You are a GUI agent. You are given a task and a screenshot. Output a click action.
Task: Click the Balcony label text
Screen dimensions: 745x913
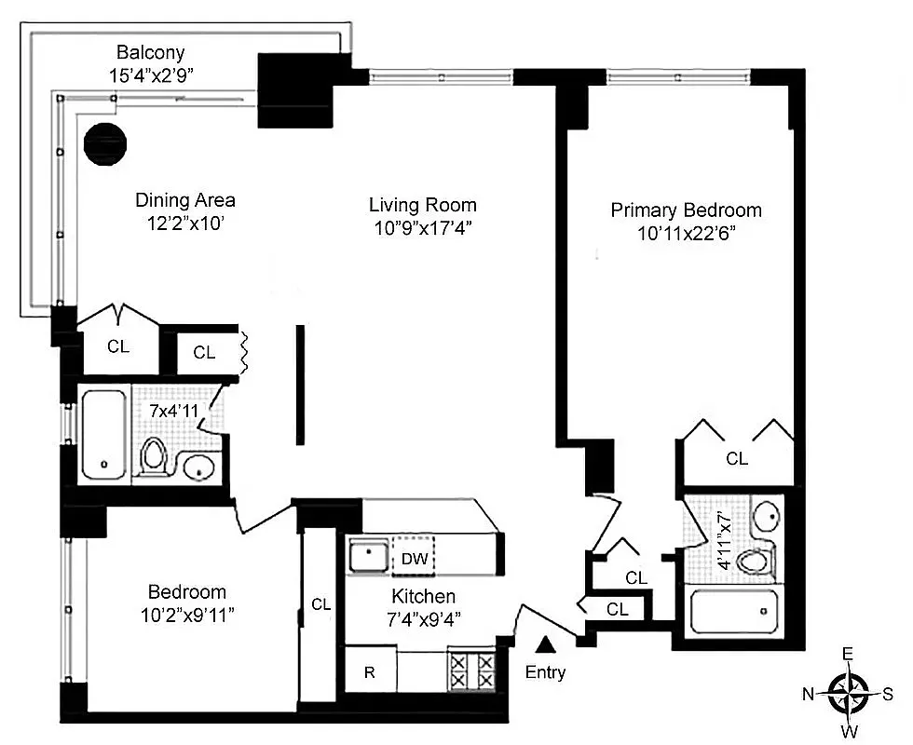click(x=150, y=52)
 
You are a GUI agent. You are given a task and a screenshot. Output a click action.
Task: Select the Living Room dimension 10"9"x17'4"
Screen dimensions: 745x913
click(x=422, y=230)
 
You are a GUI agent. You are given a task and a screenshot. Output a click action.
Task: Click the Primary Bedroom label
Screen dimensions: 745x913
click(x=686, y=210)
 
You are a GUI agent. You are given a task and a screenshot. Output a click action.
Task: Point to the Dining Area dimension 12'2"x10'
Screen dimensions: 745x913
click(x=184, y=224)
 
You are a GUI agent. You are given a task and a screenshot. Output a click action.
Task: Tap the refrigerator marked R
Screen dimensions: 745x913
click(x=369, y=672)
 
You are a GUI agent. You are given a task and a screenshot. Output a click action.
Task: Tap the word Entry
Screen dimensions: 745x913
click(x=545, y=672)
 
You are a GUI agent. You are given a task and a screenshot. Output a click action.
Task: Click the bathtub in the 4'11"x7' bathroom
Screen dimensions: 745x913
click(x=732, y=613)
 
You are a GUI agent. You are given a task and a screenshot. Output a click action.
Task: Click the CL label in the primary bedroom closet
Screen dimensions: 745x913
click(x=736, y=458)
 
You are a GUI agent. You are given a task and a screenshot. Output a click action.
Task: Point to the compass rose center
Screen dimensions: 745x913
click(x=848, y=692)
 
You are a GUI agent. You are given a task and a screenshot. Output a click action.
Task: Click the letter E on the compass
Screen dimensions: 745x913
click(x=848, y=654)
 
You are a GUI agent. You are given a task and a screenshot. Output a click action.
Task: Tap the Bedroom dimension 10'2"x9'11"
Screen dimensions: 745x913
click(x=186, y=616)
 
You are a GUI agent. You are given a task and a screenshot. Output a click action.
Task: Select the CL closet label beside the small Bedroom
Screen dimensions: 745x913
click(x=320, y=604)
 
